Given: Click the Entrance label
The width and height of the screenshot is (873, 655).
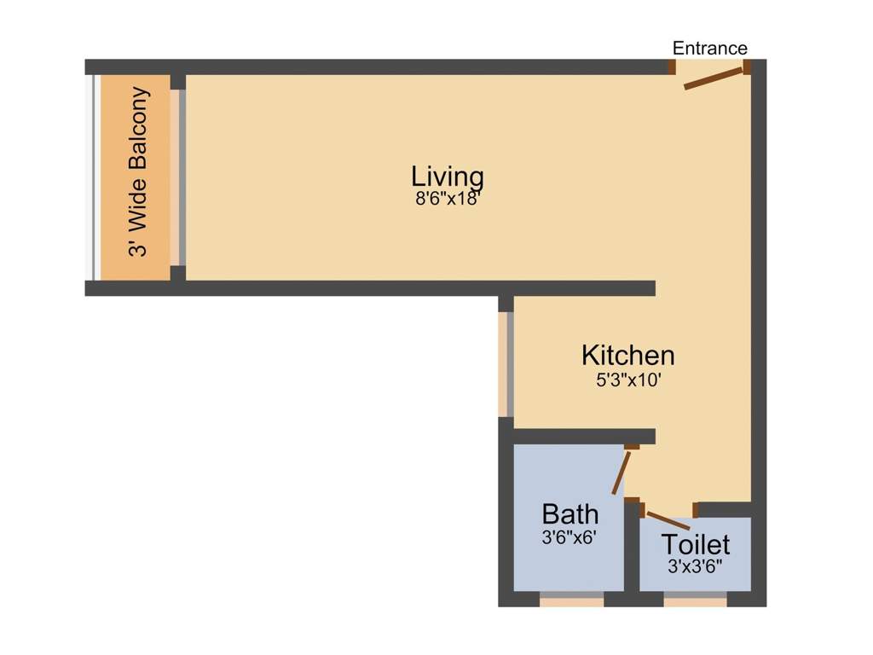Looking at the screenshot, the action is tap(710, 48).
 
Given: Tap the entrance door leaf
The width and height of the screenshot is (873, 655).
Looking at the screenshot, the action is tap(714, 78).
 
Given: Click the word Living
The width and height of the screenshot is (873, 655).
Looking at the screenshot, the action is tap(448, 177).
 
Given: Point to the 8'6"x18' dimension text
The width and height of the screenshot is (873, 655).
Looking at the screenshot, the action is tap(448, 199).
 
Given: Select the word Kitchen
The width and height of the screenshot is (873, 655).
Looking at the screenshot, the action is tap(628, 356).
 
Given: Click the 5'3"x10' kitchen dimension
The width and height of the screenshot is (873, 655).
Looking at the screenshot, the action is tap(628, 380).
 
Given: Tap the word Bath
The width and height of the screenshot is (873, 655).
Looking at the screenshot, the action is tap(570, 514).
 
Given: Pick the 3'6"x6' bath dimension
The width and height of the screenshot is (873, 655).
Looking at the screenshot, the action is tap(569, 538).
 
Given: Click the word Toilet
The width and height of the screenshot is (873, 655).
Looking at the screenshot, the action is tap(696, 544).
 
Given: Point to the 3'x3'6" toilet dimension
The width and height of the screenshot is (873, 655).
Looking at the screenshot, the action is tap(695, 567).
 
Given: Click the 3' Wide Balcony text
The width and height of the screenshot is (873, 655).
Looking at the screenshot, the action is tap(139, 171).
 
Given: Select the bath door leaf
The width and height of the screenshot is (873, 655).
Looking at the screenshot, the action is tap(622, 472).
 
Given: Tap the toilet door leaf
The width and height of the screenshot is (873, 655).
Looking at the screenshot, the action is tap(668, 520).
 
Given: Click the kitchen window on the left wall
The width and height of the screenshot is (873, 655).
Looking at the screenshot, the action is tap(506, 364).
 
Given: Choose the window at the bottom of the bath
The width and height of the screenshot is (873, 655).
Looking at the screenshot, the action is tap(572, 600).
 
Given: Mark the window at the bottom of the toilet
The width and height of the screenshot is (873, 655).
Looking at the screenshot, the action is tap(696, 600).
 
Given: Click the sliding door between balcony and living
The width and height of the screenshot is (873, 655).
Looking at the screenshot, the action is tap(177, 177).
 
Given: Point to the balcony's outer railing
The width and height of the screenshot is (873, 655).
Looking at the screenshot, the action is tap(94, 177).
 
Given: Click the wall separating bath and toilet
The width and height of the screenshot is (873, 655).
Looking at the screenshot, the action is tap(632, 545).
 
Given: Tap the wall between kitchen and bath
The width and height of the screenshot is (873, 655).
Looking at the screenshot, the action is tap(584, 436).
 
